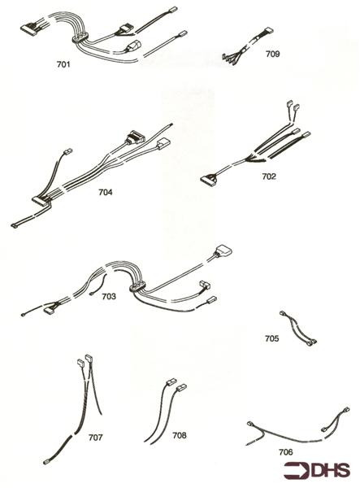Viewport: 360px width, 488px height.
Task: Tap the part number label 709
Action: pyautogui.click(x=272, y=54)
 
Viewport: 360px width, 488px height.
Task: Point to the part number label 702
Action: pyautogui.click(x=269, y=176)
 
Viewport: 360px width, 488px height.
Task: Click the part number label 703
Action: pyautogui.click(x=107, y=296)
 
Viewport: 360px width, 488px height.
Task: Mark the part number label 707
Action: pyautogui.click(x=96, y=437)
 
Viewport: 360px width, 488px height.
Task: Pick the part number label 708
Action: pyautogui.click(x=179, y=435)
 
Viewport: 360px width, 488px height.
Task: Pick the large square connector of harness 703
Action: pyautogui.click(x=224, y=253)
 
